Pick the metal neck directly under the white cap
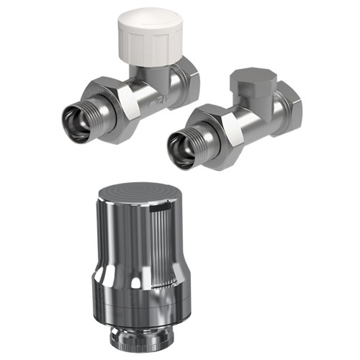(x=154, y=70)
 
